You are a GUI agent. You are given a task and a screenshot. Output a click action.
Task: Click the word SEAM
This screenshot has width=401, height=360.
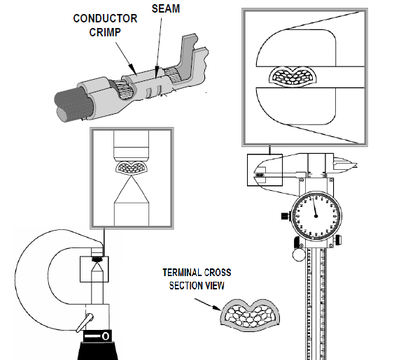[x=166, y=8]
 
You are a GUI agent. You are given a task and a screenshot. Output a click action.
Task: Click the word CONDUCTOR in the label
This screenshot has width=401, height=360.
[x=105, y=18]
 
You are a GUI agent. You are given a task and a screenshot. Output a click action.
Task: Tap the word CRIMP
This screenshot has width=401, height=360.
[x=105, y=32]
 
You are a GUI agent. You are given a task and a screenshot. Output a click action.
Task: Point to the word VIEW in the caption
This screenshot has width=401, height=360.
[x=216, y=285]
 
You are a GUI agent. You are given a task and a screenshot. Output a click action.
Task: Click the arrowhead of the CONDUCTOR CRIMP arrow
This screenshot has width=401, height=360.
[x=132, y=69]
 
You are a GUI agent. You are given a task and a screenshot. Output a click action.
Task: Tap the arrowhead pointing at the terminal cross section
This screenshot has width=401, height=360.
[x=217, y=308]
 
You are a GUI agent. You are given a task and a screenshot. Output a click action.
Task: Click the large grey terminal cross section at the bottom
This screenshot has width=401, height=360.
[x=250, y=315]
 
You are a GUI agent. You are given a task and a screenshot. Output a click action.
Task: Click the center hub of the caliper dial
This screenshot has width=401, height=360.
[x=316, y=216]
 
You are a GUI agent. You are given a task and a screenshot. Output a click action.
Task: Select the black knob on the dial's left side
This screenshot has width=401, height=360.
[x=285, y=216]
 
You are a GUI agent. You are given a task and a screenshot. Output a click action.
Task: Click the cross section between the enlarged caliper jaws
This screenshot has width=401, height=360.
[x=293, y=77]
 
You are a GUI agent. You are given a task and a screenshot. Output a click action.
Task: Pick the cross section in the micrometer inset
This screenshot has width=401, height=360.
[x=131, y=168]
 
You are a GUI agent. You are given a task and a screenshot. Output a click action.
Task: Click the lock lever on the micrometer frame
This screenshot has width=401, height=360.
[x=85, y=322]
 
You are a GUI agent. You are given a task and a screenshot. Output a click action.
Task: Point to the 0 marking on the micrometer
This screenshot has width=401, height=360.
[x=106, y=336]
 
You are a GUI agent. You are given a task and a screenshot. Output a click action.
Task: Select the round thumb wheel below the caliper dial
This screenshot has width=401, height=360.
[x=299, y=254]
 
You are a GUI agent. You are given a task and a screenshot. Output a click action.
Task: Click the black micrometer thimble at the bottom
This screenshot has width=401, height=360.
[x=98, y=350]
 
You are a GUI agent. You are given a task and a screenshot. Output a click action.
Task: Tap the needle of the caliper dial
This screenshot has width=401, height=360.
[x=314, y=207]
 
